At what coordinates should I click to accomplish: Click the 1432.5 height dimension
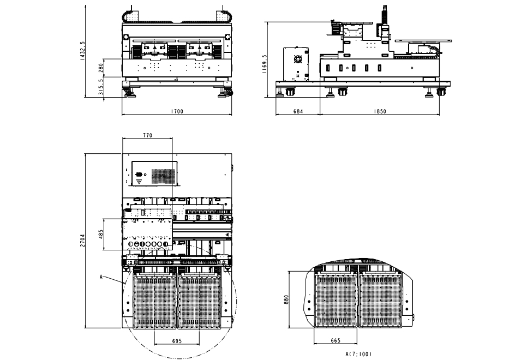(82, 51)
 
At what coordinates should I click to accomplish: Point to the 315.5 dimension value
(101, 87)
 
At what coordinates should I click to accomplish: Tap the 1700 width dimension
(177, 111)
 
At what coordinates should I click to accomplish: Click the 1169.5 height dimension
(264, 64)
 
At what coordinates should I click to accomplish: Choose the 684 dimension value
(298, 111)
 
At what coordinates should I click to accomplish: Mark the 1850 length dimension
(380, 111)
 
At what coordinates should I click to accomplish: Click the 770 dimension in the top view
(147, 135)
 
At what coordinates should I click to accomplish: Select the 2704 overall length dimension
(82, 241)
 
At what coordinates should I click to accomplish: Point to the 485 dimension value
(101, 235)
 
